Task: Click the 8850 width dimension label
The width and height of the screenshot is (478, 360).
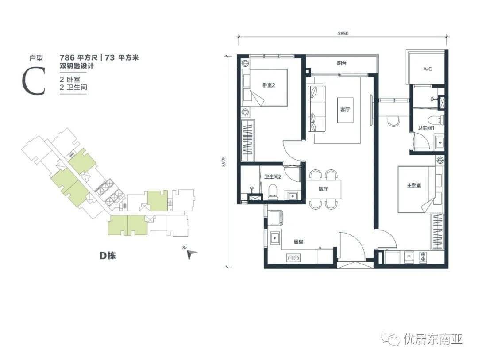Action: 343,34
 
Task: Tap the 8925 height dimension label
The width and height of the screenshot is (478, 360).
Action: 224,162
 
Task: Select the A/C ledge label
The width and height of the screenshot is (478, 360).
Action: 428,69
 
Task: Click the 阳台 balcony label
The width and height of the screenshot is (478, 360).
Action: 342,64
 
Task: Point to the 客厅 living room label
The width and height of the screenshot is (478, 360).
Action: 345,110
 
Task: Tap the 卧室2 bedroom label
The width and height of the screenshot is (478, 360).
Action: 269,85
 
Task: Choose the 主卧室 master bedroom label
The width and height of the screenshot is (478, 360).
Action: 414,185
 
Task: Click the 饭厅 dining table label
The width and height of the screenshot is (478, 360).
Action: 323,189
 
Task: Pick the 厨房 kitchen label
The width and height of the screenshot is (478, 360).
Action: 298,242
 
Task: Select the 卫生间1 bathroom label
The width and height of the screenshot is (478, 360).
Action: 426,128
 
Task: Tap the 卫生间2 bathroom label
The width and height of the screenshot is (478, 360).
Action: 273,176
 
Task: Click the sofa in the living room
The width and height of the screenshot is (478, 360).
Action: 316,110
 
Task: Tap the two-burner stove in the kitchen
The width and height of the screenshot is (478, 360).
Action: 293,258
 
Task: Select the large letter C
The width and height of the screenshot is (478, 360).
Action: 34,81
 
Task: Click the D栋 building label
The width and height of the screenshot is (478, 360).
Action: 108,256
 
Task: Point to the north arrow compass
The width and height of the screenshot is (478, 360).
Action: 191,254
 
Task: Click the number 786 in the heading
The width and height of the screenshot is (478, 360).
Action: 67,57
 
